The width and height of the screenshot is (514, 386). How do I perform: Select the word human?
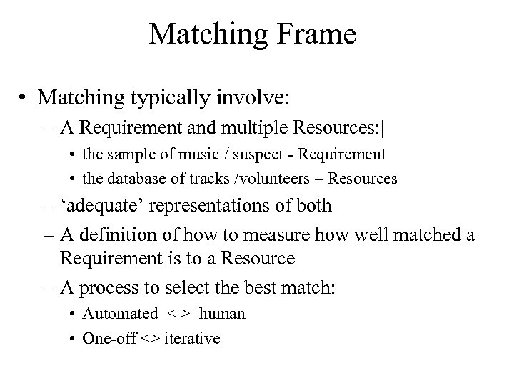click(222, 313)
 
